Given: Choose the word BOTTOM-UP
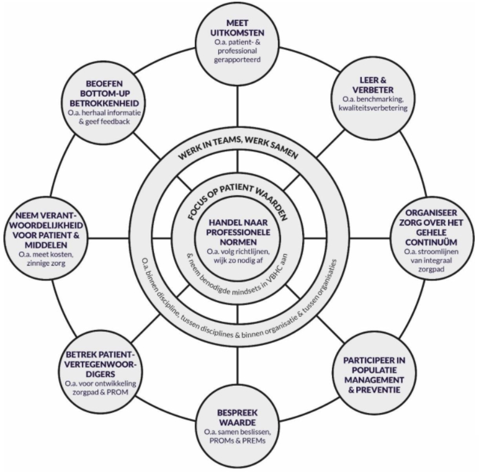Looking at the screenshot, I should click(101, 91).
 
